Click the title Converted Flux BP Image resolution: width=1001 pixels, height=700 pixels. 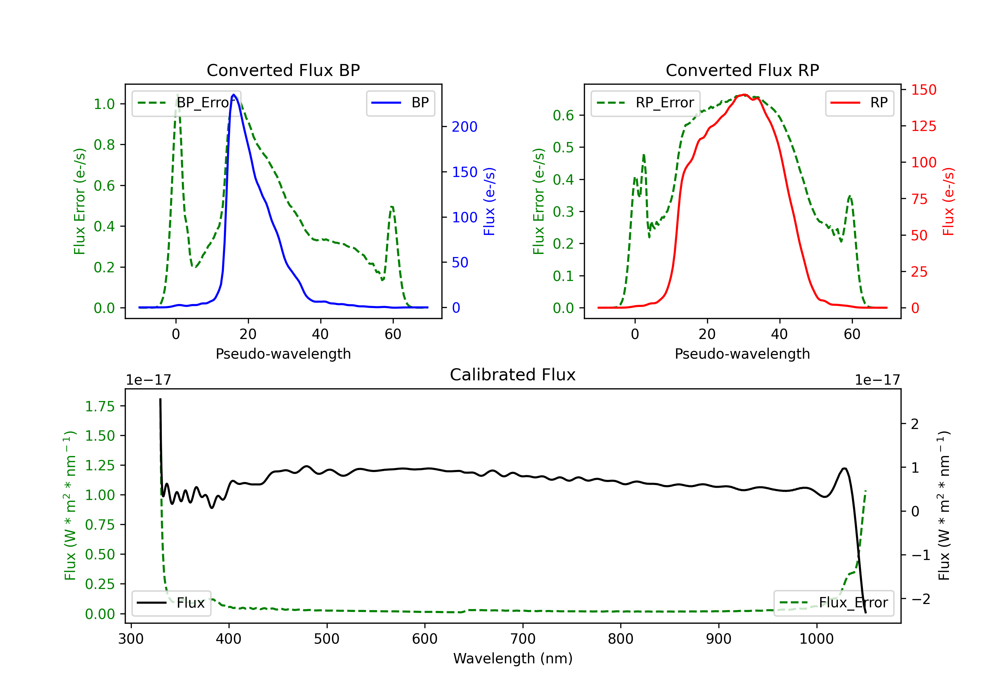[283, 70]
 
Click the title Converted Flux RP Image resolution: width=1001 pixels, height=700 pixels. [742, 70]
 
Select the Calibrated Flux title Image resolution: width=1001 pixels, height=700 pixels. [513, 375]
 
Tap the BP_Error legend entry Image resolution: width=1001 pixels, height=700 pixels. [186, 103]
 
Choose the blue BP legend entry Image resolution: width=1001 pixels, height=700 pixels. [400, 103]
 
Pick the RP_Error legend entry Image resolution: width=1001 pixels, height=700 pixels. [645, 103]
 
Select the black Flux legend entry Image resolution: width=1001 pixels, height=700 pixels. [171, 603]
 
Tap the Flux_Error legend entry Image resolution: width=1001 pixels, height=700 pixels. [833, 603]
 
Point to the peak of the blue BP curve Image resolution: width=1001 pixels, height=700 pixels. [234, 95]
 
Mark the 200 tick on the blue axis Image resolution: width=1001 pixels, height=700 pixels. [464, 127]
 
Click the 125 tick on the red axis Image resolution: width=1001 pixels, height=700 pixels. [923, 126]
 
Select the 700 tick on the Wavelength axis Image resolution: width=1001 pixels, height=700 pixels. [523, 639]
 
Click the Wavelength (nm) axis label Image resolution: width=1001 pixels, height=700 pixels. [513, 659]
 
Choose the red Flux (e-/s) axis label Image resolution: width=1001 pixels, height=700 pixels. [948, 202]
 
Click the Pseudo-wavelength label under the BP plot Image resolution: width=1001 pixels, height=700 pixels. [283, 354]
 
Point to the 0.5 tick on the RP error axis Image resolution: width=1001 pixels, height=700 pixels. [563, 148]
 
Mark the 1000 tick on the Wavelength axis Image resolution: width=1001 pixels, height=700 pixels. [816, 639]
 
